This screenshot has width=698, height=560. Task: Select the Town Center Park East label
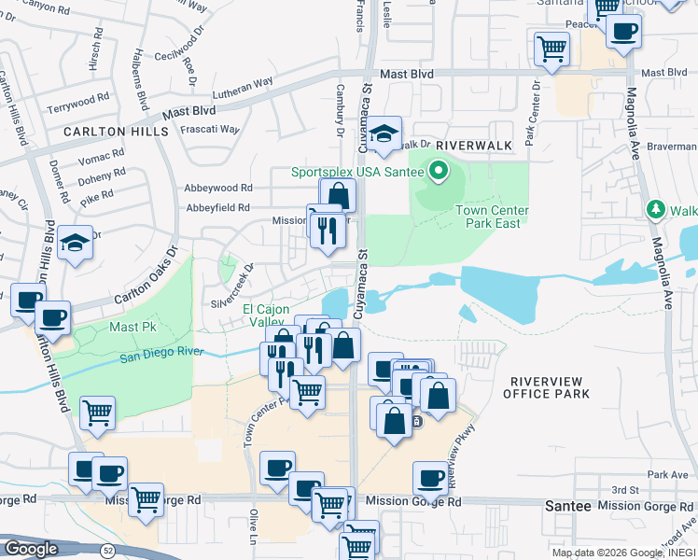point(492,217)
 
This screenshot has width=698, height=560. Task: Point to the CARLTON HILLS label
point(116,132)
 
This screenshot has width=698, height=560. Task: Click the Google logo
point(31,549)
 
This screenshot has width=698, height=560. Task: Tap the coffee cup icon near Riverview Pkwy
point(430,479)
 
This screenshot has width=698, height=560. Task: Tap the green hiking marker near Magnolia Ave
point(657,209)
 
